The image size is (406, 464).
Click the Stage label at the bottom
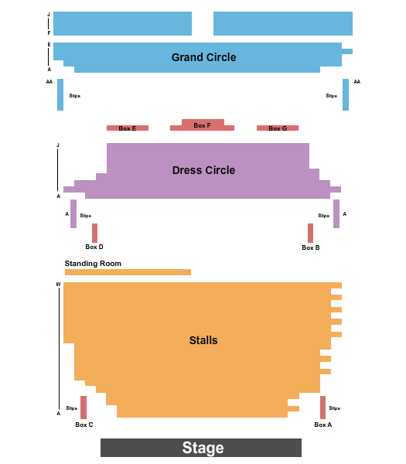pos(203,448)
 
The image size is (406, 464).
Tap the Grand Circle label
pos(203,57)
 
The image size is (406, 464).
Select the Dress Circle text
pos(203,170)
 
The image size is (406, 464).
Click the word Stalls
pos(203,340)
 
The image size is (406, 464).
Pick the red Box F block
pos(203,125)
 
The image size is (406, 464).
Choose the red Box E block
pos(128,128)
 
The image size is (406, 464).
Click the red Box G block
pos(278,128)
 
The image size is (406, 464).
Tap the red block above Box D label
pos(94,233)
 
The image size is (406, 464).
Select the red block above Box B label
pos(310,233)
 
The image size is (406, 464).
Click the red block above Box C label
pos(84,408)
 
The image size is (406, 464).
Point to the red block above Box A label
pos(322,408)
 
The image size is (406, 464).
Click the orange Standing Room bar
pos(128,272)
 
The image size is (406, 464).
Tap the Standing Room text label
pos(93,264)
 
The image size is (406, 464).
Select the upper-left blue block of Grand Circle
pos(122,23)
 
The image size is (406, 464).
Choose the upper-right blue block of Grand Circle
pos(282,23)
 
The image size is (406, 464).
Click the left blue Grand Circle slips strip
pos(60,94)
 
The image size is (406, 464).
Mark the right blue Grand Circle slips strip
pos(346,94)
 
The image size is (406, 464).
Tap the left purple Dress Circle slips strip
pos(73,213)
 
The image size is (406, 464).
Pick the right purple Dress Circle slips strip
pos(336,213)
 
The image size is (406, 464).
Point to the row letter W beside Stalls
pos(58,285)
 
